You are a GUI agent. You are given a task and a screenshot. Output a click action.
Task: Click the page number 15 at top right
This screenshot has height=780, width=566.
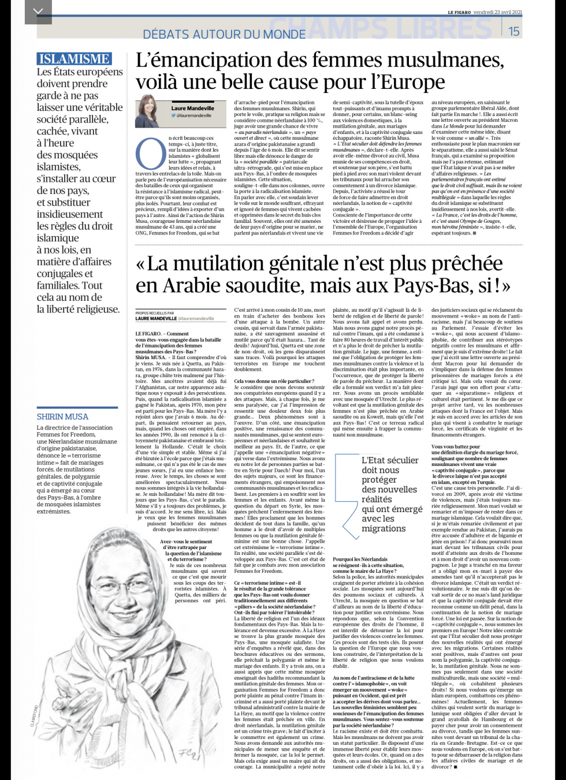[513, 31]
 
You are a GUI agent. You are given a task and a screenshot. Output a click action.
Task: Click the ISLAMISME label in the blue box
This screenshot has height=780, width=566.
[74, 59]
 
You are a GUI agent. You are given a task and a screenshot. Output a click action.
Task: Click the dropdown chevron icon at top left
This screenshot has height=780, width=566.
[38, 12]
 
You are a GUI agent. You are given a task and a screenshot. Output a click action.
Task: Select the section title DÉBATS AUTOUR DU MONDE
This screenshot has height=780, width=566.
[224, 34]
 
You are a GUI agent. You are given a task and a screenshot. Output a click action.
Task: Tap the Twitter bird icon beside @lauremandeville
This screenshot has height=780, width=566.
[173, 115]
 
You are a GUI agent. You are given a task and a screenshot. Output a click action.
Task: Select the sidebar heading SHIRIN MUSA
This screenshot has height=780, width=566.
[62, 416]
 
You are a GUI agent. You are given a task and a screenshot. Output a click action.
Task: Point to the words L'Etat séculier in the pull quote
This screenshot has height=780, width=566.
[390, 460]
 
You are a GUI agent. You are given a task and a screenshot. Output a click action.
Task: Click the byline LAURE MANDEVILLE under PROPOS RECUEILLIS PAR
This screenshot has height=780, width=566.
[156, 318]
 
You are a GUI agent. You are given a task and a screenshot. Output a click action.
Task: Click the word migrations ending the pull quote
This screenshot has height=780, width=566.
[383, 528]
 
